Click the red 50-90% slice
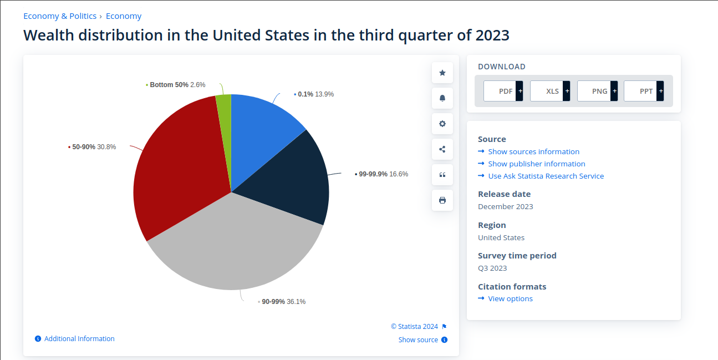click(177, 166)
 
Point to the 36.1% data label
click(296, 302)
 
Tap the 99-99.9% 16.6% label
click(383, 174)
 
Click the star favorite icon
click(442, 73)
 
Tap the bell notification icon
click(442, 98)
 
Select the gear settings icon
click(442, 124)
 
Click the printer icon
click(442, 200)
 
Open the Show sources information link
click(533, 151)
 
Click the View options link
click(510, 298)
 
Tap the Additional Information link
click(79, 339)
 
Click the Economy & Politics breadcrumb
click(60, 16)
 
